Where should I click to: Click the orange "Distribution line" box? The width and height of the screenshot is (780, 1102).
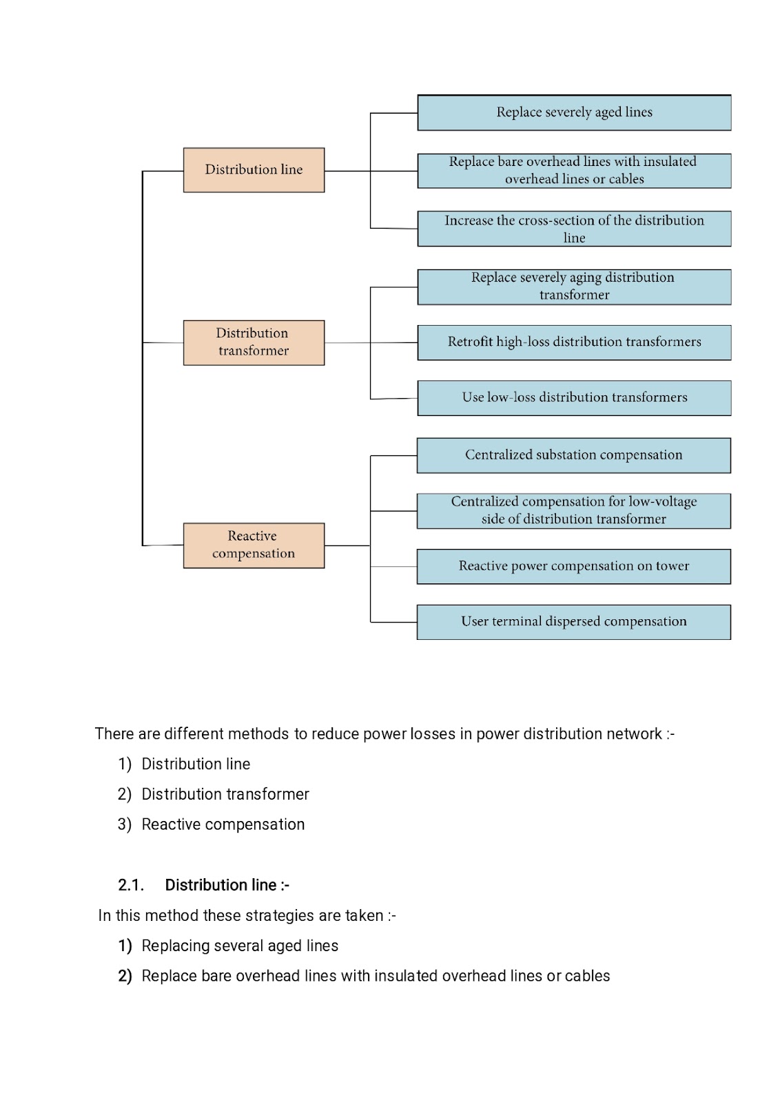coord(254,170)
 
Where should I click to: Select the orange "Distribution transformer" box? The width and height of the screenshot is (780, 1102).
coord(254,343)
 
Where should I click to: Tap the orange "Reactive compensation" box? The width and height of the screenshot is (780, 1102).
coord(254,545)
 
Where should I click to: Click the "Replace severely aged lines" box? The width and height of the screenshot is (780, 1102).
coord(574,113)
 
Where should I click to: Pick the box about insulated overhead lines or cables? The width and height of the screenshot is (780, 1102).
coord(574,171)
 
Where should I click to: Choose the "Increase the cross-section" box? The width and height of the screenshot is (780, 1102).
coord(574,229)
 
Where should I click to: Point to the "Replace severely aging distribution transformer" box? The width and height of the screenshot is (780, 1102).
coord(574,287)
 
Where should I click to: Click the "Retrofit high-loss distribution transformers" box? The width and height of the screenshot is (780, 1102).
coord(574,342)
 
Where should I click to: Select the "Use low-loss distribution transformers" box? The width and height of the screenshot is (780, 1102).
coord(574,398)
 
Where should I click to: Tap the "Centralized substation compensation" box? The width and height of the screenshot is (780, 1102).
coord(574,455)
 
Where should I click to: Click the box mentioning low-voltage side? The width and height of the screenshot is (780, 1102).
coord(574,511)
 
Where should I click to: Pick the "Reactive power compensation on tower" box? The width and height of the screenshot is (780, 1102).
coord(574,567)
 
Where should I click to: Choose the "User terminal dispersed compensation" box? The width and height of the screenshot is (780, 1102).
coord(574,623)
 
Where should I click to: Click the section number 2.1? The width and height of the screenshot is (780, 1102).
coord(131,885)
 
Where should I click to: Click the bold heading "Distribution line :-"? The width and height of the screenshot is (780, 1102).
coord(227,885)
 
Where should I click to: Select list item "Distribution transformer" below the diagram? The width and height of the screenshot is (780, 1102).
coord(225,794)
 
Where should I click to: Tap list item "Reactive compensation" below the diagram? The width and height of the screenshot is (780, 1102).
coord(223,824)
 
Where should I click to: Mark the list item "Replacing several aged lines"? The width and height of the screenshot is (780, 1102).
coord(240,946)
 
